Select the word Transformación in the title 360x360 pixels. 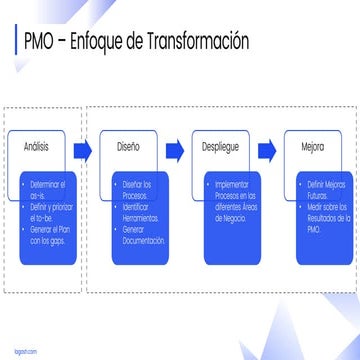click(x=196, y=41)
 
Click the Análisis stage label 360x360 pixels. click(x=36, y=146)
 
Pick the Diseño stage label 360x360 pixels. click(x=128, y=146)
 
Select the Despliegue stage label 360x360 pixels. click(x=219, y=146)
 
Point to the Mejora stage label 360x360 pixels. click(x=312, y=146)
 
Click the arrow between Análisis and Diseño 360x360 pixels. click(x=81, y=150)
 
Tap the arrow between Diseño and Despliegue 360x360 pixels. click(x=174, y=150)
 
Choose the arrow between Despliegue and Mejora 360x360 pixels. click(x=266, y=150)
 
